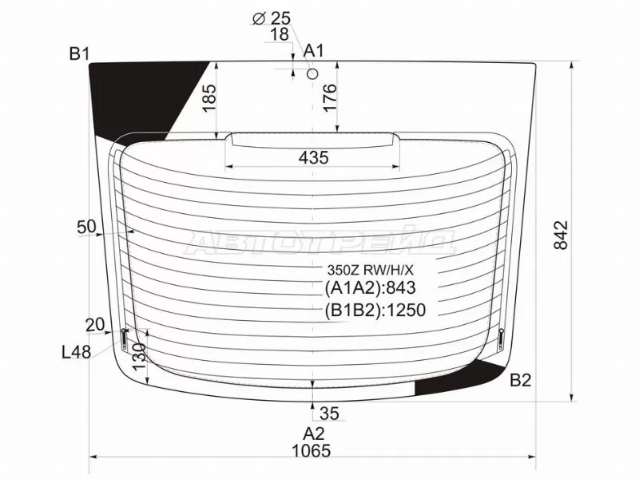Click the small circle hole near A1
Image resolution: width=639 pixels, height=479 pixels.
click(x=312, y=73)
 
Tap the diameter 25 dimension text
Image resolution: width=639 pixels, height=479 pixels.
click(x=272, y=18)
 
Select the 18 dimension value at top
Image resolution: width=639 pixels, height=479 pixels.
click(x=280, y=34)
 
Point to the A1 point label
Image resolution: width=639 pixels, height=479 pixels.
click(x=313, y=51)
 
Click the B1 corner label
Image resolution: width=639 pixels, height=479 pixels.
click(x=79, y=53)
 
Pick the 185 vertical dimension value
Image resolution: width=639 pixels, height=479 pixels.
click(x=209, y=97)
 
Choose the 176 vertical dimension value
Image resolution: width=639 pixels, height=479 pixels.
click(x=329, y=97)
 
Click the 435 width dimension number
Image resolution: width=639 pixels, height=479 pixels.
click(x=313, y=157)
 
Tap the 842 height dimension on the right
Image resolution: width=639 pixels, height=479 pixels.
click(x=562, y=235)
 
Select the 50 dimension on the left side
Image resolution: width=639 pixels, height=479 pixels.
click(x=86, y=227)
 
